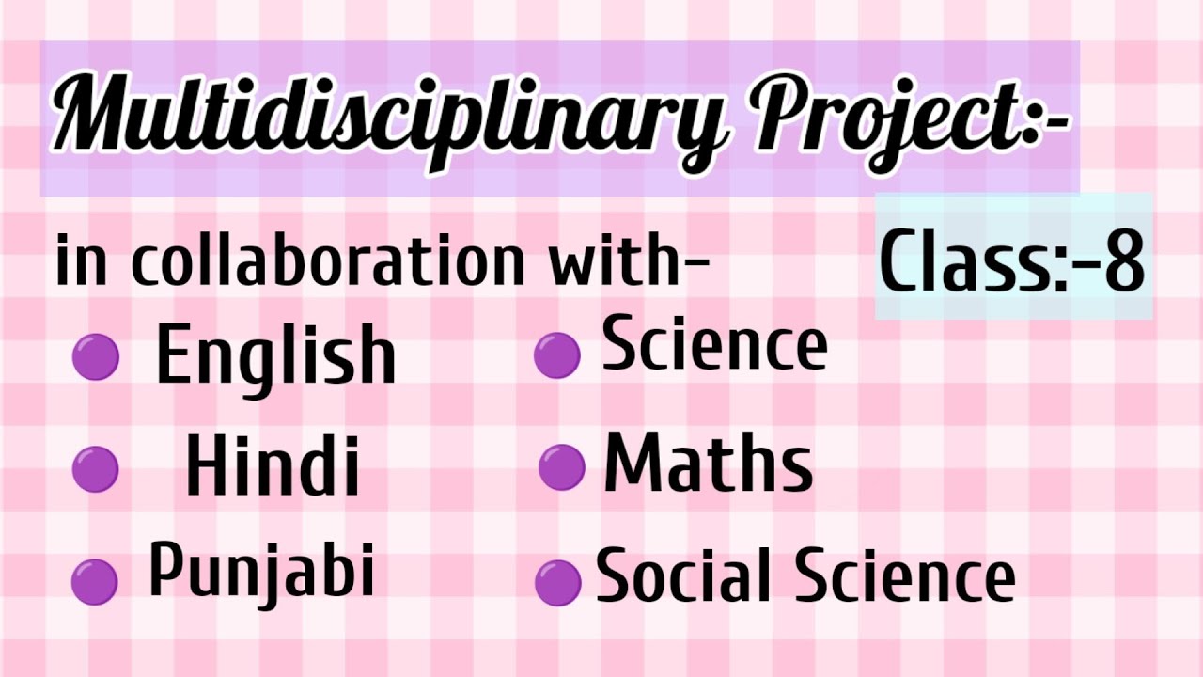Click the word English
tap(275, 355)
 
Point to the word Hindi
tap(273, 467)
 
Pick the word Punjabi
tap(261, 571)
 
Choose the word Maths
tap(708, 464)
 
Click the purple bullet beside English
tap(95, 358)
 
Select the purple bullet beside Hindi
tap(95, 469)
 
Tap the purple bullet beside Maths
tap(562, 467)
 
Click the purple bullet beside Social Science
tap(557, 582)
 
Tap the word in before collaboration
tap(82, 263)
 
